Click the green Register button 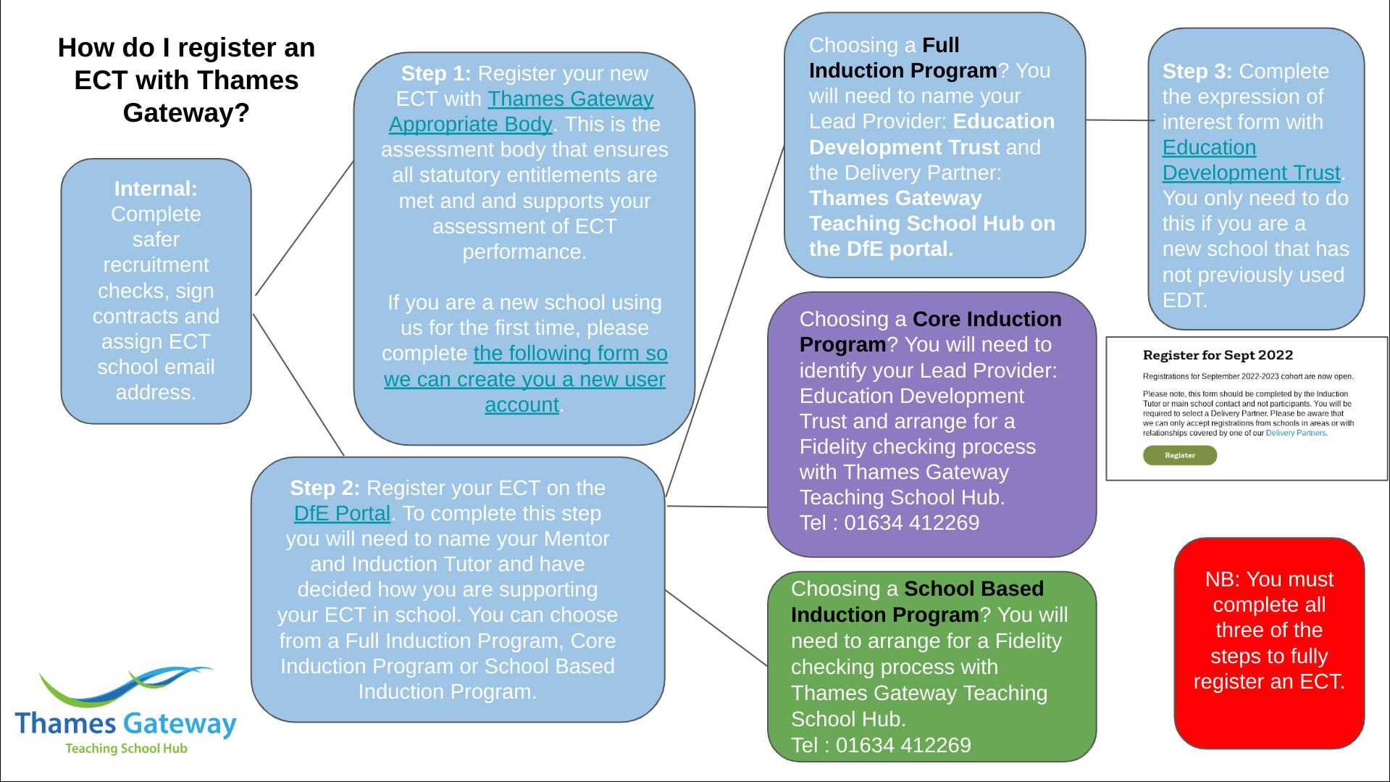[x=1179, y=455]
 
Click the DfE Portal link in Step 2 [x=342, y=513]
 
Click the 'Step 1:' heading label [x=436, y=73]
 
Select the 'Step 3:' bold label [x=1197, y=71]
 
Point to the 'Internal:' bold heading [x=156, y=188]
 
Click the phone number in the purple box [x=911, y=523]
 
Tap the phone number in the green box [x=903, y=745]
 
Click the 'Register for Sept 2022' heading [x=1218, y=355]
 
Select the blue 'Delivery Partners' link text [x=1295, y=433]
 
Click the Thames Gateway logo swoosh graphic [x=127, y=685]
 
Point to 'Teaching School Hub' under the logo [x=126, y=748]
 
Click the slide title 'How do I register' [x=186, y=48]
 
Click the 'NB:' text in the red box [x=1222, y=579]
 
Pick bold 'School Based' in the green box [x=974, y=588]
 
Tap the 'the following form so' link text [x=570, y=353]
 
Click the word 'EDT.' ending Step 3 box [x=1184, y=300]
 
